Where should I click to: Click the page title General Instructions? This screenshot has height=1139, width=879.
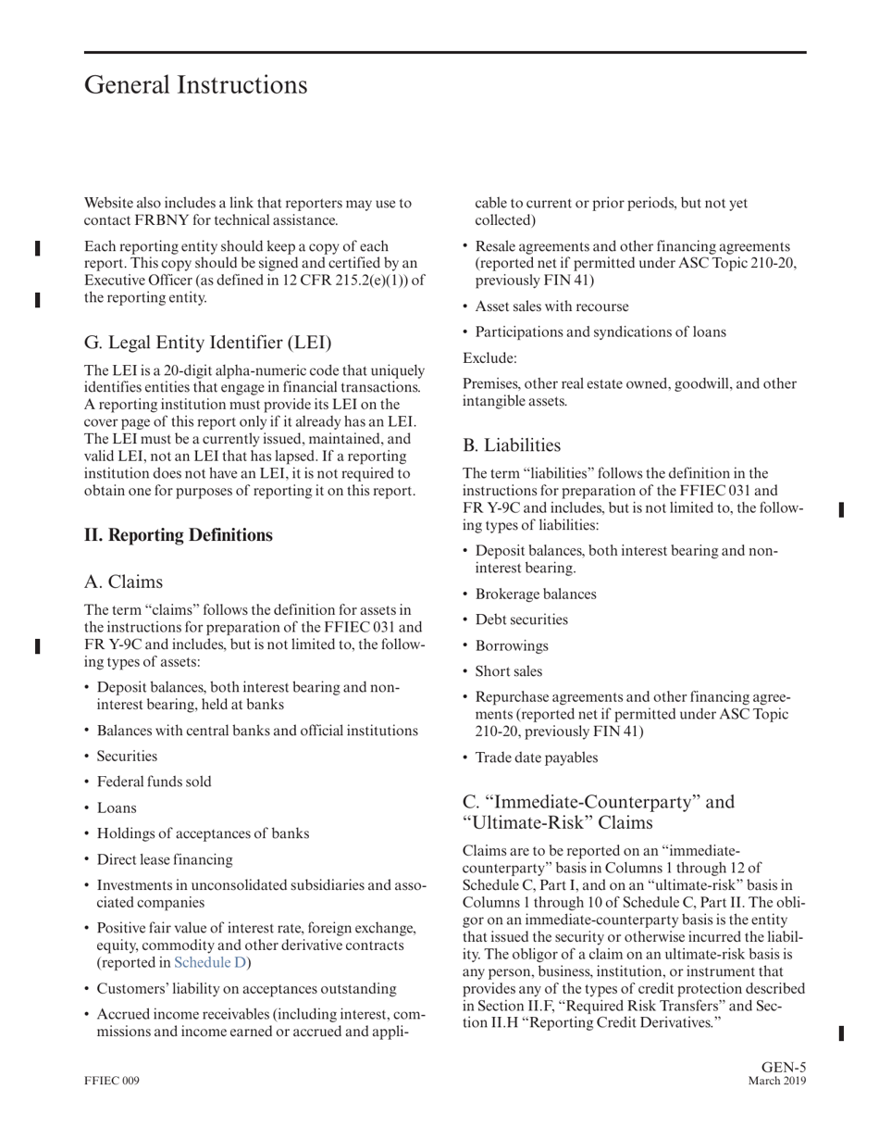pos(195,85)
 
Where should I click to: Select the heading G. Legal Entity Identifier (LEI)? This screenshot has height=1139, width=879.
pos(207,343)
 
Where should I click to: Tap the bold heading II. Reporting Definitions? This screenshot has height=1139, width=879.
pos(179,535)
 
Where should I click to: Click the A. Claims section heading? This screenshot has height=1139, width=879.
pos(123,582)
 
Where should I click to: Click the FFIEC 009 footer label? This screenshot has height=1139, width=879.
pos(112,1082)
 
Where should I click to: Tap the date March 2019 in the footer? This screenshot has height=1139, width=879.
pos(776,1082)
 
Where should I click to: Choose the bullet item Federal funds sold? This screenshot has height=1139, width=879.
pos(154,782)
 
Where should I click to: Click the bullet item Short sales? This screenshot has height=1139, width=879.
pos(508,672)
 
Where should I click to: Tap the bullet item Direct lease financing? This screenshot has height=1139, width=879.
pos(165,860)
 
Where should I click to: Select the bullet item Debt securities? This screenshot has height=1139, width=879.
pos(521,620)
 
